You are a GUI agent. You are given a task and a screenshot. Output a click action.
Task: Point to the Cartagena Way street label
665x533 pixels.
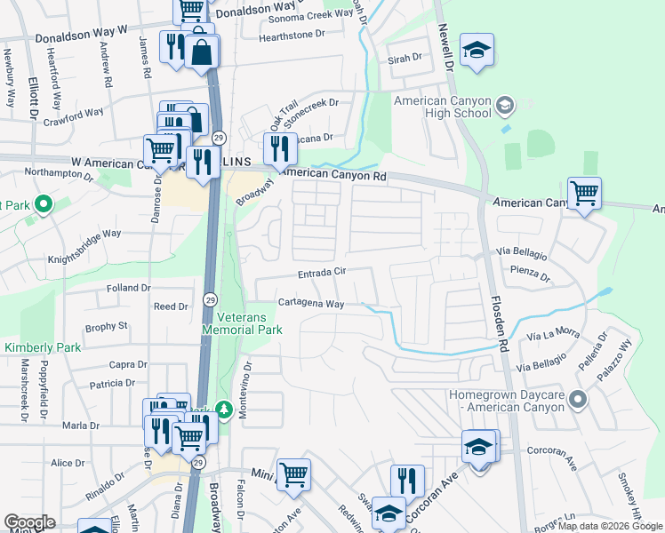click(x=310, y=303)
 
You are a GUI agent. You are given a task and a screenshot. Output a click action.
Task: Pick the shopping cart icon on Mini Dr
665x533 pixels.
click(x=293, y=474)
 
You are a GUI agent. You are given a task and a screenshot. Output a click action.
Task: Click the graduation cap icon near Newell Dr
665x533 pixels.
click(x=477, y=51)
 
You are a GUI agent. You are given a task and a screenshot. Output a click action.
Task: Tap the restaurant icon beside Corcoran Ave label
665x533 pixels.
click(x=407, y=481)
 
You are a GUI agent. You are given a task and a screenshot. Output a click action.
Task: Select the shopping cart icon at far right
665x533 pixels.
click(x=584, y=192)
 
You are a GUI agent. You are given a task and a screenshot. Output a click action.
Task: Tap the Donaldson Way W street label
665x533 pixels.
click(x=82, y=38)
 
